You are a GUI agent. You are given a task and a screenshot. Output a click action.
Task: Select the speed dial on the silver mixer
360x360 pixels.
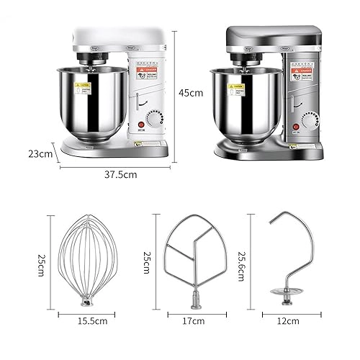click(310, 120)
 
